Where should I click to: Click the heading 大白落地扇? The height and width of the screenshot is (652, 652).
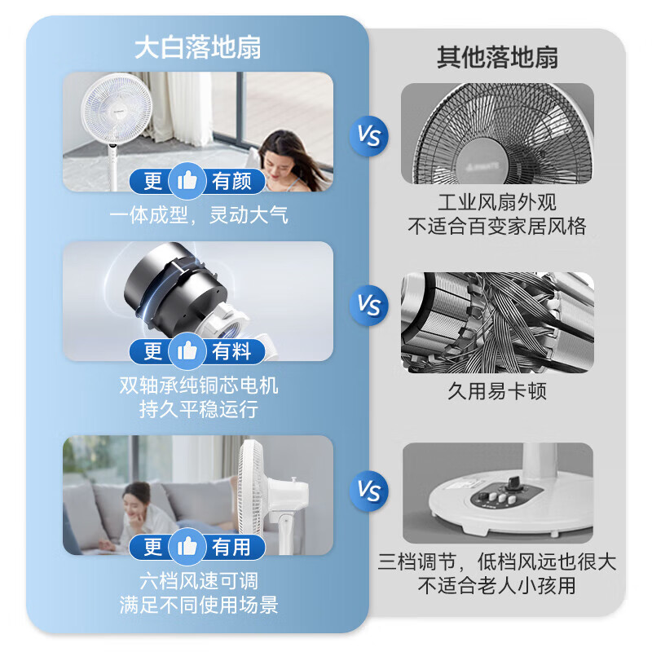197,48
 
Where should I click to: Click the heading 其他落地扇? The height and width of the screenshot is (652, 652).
497,58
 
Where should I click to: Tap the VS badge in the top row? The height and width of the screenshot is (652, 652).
368,135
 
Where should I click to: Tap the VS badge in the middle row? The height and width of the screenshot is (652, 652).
368,306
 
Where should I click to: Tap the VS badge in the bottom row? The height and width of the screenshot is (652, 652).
368,491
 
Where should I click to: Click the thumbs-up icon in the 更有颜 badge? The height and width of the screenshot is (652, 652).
187,180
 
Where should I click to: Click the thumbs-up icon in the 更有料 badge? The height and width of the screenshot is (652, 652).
187,351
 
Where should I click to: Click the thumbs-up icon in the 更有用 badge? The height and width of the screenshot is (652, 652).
187,547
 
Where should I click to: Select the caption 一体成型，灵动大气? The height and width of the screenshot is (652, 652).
199,215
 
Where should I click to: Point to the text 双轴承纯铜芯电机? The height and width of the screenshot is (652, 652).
199,385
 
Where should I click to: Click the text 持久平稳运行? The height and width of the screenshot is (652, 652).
199,409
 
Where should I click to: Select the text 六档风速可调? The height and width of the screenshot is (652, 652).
199,580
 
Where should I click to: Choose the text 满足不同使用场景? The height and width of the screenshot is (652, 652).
199,605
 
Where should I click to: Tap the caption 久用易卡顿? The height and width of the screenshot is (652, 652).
497,390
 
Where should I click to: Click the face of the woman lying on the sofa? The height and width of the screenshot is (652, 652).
136,496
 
